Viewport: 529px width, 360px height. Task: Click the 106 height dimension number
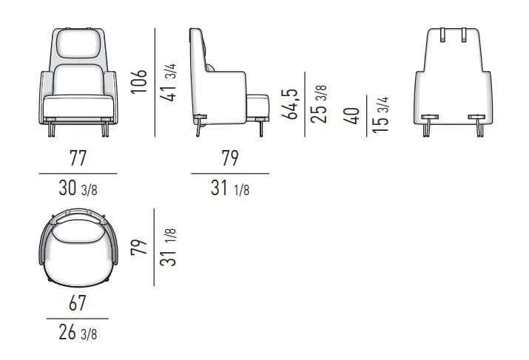click(x=139, y=81)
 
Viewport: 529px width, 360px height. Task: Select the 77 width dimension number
click(x=78, y=158)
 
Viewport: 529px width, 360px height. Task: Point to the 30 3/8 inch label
click(x=78, y=188)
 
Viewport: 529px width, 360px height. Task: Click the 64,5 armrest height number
click(x=289, y=103)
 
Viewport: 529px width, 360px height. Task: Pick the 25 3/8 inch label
click(x=318, y=104)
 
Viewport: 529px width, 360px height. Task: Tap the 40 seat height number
click(x=351, y=116)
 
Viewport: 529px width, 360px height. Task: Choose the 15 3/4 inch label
click(x=380, y=115)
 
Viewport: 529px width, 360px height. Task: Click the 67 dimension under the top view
click(x=77, y=303)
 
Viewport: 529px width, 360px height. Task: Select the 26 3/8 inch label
click(x=78, y=333)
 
